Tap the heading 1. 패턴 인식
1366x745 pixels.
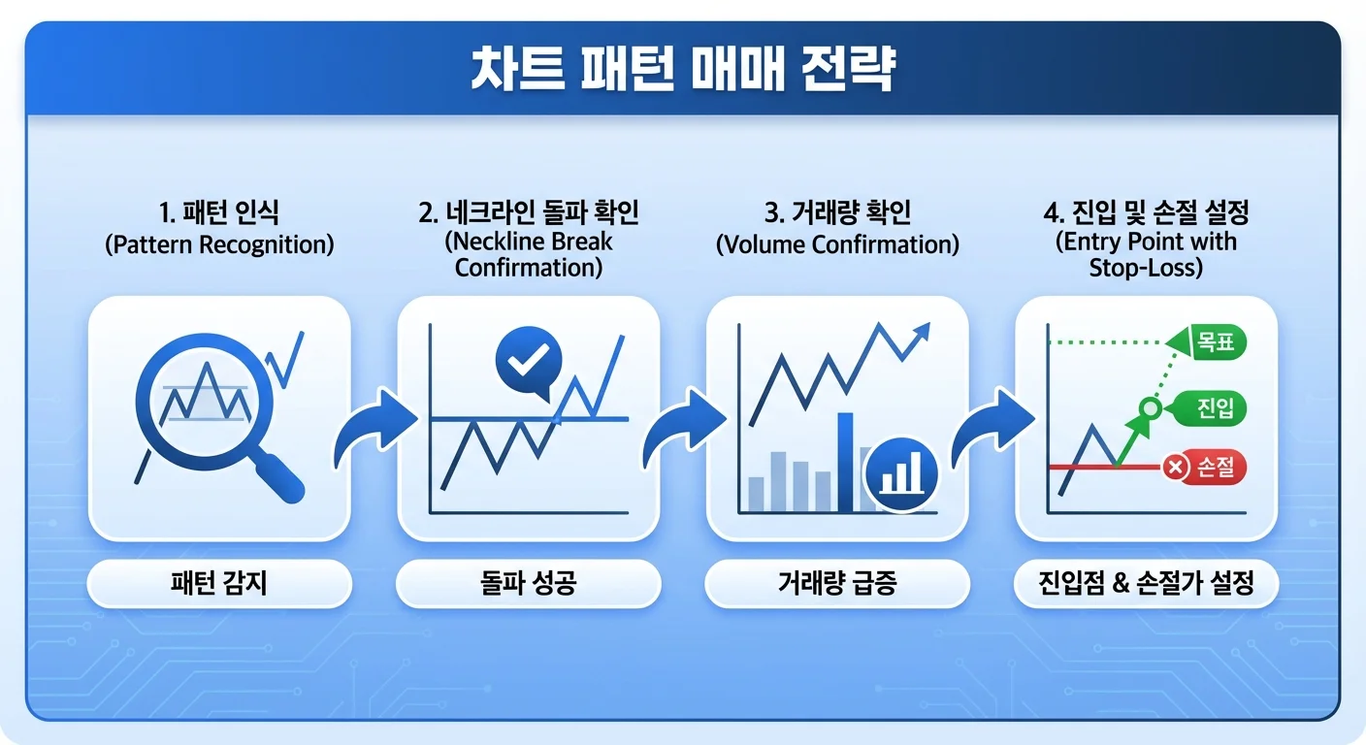point(218,212)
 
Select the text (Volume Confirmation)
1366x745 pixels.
point(837,244)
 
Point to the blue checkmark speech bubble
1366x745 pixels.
point(529,362)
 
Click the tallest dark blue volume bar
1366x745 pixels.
point(845,461)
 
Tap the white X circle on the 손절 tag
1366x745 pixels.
point(1176,469)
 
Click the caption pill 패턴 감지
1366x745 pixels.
point(218,583)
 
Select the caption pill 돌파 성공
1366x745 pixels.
point(528,583)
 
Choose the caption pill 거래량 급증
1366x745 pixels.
point(836,583)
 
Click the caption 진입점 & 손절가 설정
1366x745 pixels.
point(1146,583)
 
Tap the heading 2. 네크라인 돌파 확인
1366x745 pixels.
point(528,212)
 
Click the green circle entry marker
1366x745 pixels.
point(1150,408)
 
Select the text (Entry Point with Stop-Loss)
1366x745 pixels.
point(1146,254)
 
